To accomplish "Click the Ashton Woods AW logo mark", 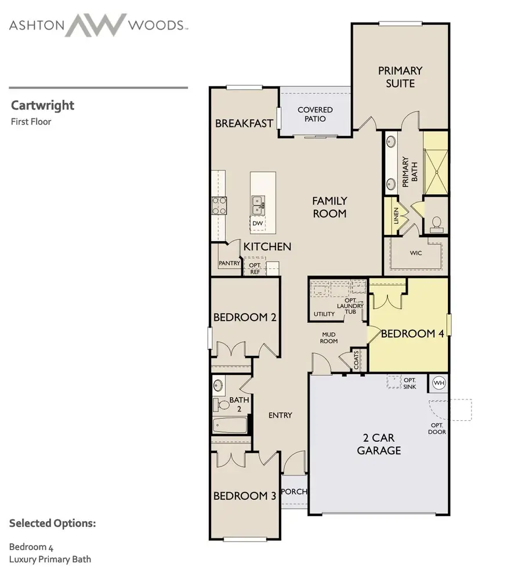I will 96,25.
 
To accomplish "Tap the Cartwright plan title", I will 42,106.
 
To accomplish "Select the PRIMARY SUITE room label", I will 400,77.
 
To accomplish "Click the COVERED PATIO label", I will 315,114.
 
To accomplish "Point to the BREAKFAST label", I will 244,123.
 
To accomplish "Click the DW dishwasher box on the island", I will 258,223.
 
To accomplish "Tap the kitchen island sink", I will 258,202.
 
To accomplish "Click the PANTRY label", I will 229,263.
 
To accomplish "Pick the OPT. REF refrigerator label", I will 255,268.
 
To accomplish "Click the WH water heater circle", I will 439,383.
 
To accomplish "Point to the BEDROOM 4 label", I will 408,333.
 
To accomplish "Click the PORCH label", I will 293,492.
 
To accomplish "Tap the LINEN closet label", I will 396,216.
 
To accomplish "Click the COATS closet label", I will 356,360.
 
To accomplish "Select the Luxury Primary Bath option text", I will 50,559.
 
